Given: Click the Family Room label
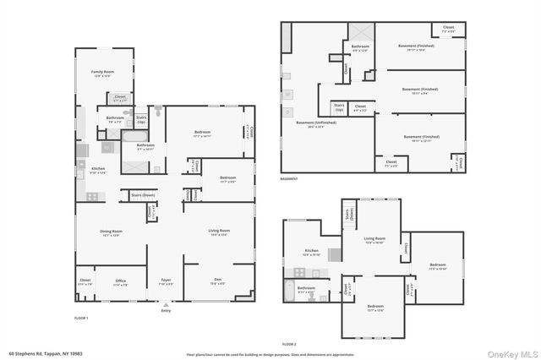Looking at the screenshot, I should pyautogui.click(x=103, y=74).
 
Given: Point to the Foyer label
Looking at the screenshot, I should pyautogui.click(x=166, y=283).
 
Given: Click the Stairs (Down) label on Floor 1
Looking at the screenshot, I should pyautogui.click(x=143, y=195).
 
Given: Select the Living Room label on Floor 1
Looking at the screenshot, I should pyautogui.click(x=219, y=232).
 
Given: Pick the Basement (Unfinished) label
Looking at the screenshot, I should pyautogui.click(x=315, y=123).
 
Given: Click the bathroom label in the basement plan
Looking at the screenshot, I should pyautogui.click(x=360, y=47).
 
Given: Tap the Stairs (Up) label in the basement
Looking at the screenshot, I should pyautogui.click(x=339, y=107).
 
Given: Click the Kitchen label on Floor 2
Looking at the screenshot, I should pyautogui.click(x=312, y=252).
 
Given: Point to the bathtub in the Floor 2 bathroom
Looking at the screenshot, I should pyautogui.click(x=290, y=294).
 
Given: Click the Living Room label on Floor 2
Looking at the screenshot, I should pyautogui.click(x=374, y=240).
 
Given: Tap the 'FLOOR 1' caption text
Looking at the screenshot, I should pyautogui.click(x=81, y=317).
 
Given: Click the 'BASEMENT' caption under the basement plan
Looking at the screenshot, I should pyautogui.click(x=289, y=179).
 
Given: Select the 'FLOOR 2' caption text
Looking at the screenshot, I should pyautogui.click(x=289, y=345).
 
